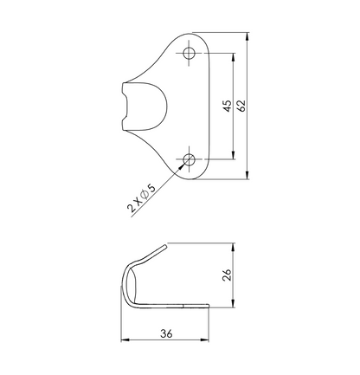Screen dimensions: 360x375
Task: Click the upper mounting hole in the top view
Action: (x=189, y=53)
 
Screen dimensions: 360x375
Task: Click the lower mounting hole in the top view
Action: (x=189, y=159)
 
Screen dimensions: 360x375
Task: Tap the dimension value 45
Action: (x=228, y=106)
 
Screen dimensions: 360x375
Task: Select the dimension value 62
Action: (x=241, y=106)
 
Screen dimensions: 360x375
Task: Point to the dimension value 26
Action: (x=227, y=275)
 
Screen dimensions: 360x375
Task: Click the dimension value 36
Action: (x=166, y=333)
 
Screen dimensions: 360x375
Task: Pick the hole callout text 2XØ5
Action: (x=141, y=197)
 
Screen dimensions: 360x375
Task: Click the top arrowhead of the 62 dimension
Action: (x=247, y=36)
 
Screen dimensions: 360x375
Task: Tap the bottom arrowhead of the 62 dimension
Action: (x=247, y=175)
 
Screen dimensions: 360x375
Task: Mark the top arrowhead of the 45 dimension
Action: (x=234, y=57)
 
